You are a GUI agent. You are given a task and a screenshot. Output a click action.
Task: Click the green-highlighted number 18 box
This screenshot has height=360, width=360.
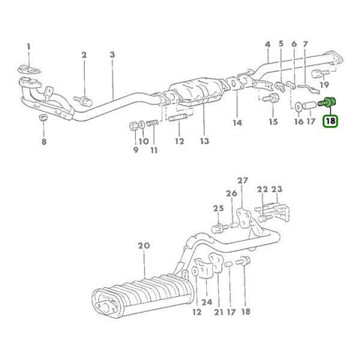[331, 119]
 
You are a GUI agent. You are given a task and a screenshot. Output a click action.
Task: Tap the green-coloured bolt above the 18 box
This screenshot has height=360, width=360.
[328, 102]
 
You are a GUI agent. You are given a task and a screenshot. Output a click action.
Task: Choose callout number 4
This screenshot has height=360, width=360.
[268, 45]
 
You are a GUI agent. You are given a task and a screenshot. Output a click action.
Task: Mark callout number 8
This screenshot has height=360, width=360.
[43, 140]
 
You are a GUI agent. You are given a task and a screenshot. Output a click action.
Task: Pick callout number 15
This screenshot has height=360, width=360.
[273, 121]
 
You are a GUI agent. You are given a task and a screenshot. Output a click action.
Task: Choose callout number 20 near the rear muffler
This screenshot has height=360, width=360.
[144, 245]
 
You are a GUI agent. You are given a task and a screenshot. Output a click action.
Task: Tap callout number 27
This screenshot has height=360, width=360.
[241, 181]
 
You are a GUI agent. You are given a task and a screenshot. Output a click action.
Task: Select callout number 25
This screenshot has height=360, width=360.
[217, 208]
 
